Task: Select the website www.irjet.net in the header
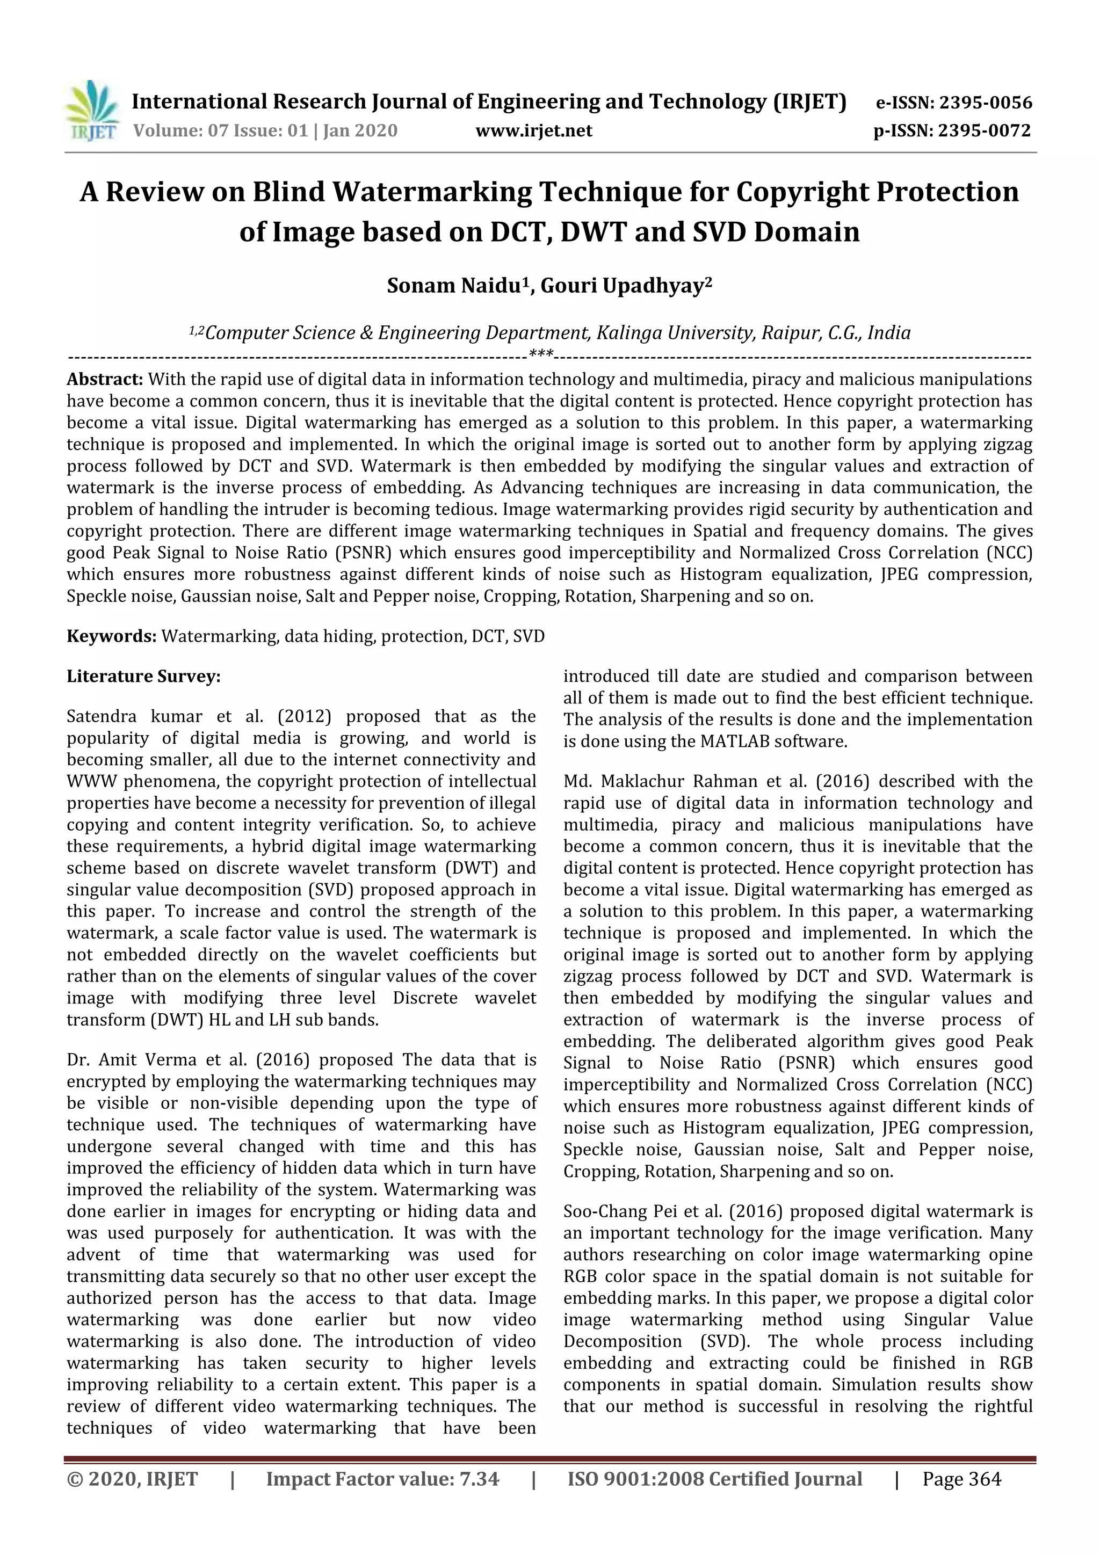(534, 130)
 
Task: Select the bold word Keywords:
(112, 636)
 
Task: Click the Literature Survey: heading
(143, 677)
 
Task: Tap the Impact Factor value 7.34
(479, 1479)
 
